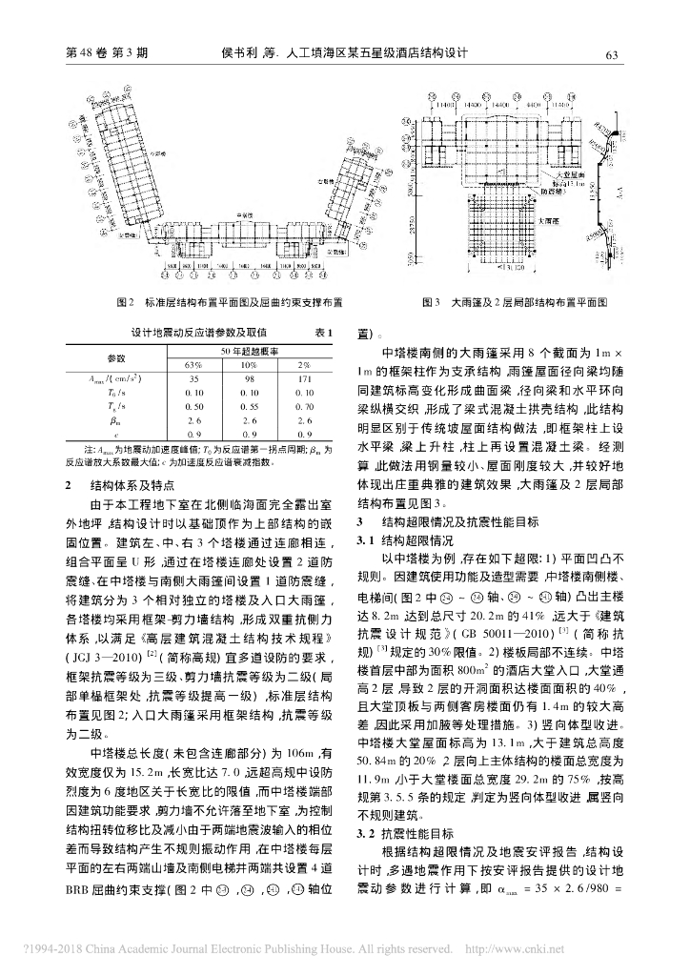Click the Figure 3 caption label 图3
pyautogui.click(x=431, y=303)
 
